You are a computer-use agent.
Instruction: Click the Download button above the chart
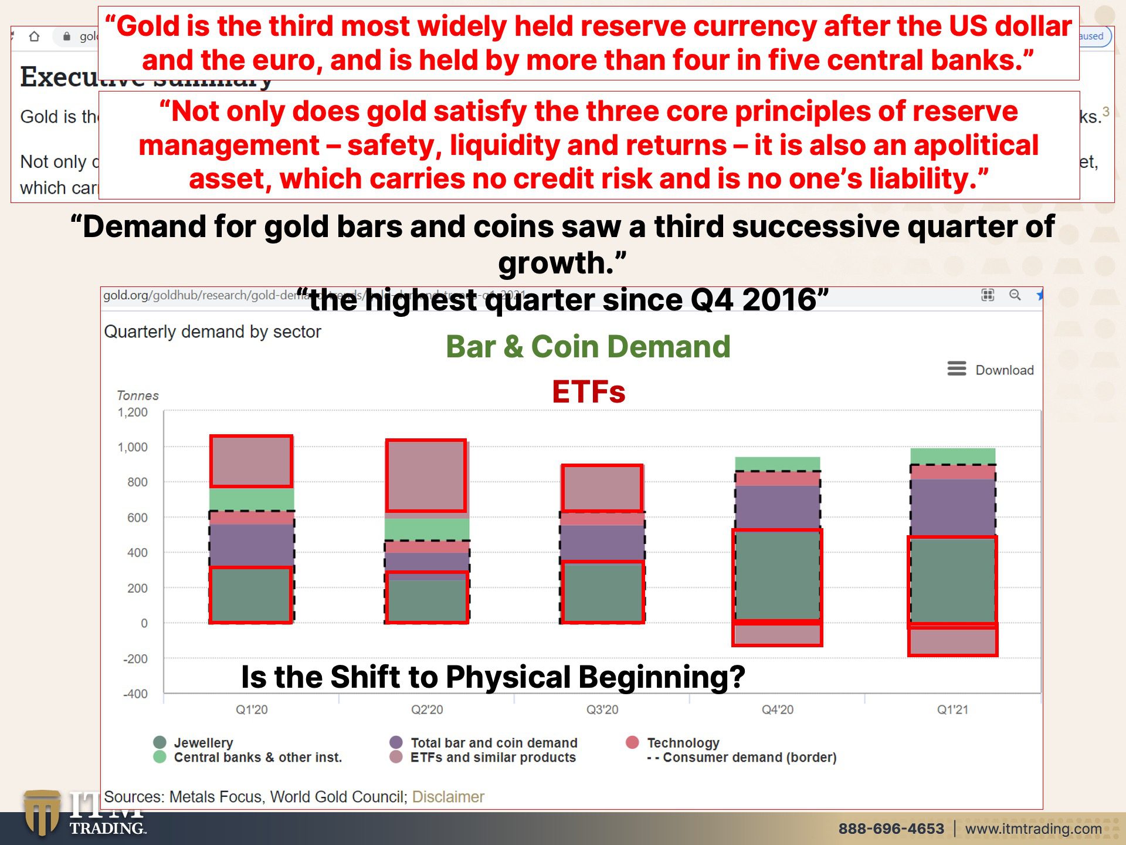pos(991,370)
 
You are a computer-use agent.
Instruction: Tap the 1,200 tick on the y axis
pos(133,413)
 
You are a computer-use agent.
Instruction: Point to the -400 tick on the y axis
pos(135,694)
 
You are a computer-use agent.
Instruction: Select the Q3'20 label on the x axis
pos(602,709)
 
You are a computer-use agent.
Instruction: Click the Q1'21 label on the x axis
pos(952,709)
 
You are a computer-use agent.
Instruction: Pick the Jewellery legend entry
pos(203,743)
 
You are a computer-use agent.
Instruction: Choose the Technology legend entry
pos(683,743)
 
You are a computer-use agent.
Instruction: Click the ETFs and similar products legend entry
pos(493,758)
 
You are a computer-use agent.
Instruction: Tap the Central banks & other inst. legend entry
pos(257,758)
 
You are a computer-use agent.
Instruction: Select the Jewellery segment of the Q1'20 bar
pos(251,594)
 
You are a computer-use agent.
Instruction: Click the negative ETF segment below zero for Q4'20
pos(777,634)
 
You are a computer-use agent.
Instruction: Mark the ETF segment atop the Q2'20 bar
pos(426,475)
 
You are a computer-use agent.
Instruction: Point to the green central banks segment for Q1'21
pos(952,456)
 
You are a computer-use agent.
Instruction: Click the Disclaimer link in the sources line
pos(448,797)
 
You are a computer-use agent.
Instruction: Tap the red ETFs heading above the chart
pos(588,391)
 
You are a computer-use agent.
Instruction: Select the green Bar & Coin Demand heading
pos(588,346)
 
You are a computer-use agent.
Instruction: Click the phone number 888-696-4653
pos(891,829)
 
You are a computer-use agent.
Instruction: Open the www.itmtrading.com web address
pos(1033,829)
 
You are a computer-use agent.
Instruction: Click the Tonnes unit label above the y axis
pos(138,396)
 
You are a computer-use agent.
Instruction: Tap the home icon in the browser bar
pos(35,36)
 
